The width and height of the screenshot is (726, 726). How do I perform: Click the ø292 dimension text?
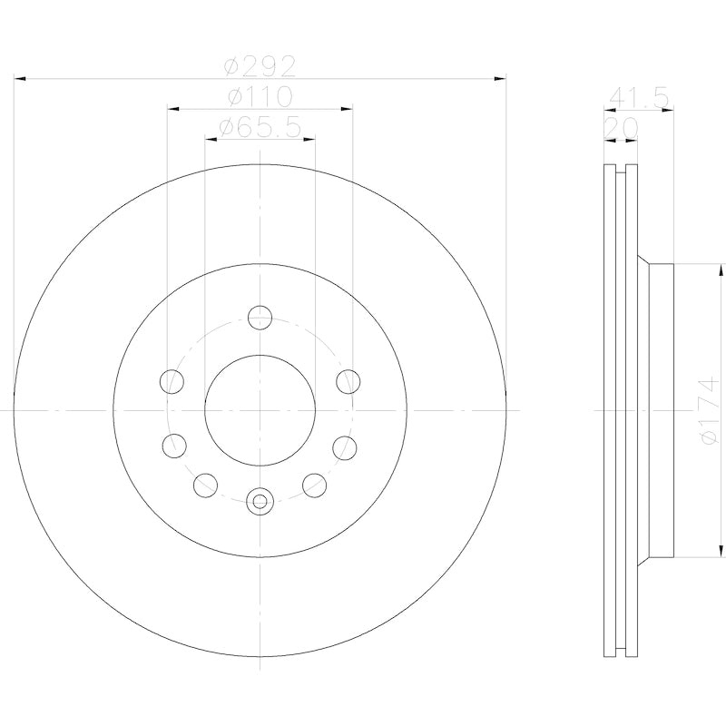pyautogui.click(x=260, y=66)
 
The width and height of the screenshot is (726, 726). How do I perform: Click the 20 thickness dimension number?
pyautogui.click(x=622, y=128)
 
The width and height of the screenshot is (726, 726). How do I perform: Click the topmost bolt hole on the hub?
pyautogui.click(x=260, y=318)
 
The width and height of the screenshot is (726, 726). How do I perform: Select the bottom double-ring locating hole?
pyautogui.click(x=260, y=500)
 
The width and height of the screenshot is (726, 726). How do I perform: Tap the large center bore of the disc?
pyautogui.click(x=260, y=409)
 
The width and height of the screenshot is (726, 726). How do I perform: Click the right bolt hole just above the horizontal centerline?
pyautogui.click(x=346, y=382)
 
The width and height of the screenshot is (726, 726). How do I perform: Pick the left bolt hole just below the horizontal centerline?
pyautogui.click(x=174, y=445)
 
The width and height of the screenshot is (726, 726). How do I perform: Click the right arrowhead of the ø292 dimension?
pyautogui.click(x=500, y=79)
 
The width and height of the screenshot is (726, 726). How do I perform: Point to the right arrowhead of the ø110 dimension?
pyautogui.click(x=347, y=109)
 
